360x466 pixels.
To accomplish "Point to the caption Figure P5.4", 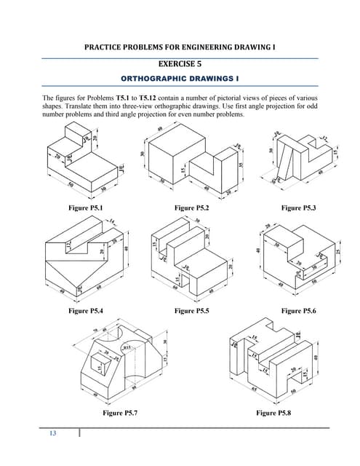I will point(85,311).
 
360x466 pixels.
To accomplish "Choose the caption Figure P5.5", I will point(194,311).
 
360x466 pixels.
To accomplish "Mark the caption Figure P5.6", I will point(300,311).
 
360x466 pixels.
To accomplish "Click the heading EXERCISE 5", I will point(180,64).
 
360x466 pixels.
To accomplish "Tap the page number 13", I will point(52,435).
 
